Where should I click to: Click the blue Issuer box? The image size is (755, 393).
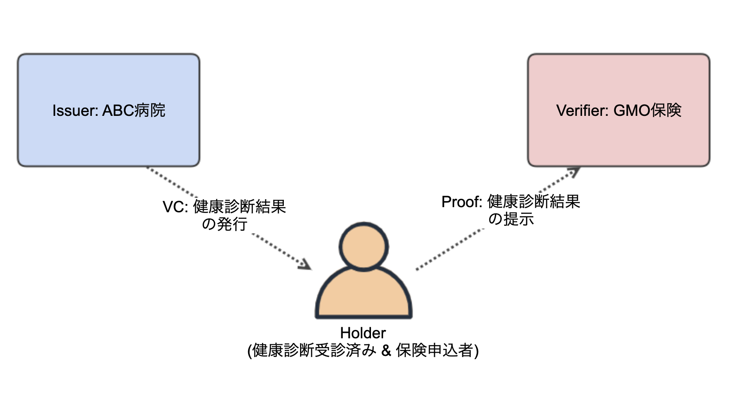tap(109, 110)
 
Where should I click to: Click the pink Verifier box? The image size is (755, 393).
tap(619, 110)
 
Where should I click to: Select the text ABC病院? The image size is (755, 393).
tap(134, 110)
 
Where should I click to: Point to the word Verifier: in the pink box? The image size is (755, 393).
tap(582, 110)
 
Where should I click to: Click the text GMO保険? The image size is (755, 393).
tap(647, 110)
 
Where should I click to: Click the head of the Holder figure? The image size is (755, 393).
tap(363, 247)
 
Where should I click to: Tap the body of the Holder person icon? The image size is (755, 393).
tap(363, 293)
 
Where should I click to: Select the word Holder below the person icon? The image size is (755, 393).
tap(363, 333)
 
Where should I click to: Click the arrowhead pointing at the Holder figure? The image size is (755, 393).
tap(304, 264)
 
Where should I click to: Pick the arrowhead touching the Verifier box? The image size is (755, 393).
tap(573, 172)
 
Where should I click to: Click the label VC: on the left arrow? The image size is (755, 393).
tap(175, 207)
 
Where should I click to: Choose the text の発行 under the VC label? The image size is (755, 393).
tap(224, 224)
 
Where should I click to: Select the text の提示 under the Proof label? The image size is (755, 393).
tap(511, 219)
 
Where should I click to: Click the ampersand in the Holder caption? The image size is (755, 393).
tap(386, 350)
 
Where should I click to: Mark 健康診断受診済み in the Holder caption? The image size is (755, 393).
tap(314, 350)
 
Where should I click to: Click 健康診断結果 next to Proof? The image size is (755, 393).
tap(534, 202)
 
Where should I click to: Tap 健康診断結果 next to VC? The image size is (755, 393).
tap(239, 206)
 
